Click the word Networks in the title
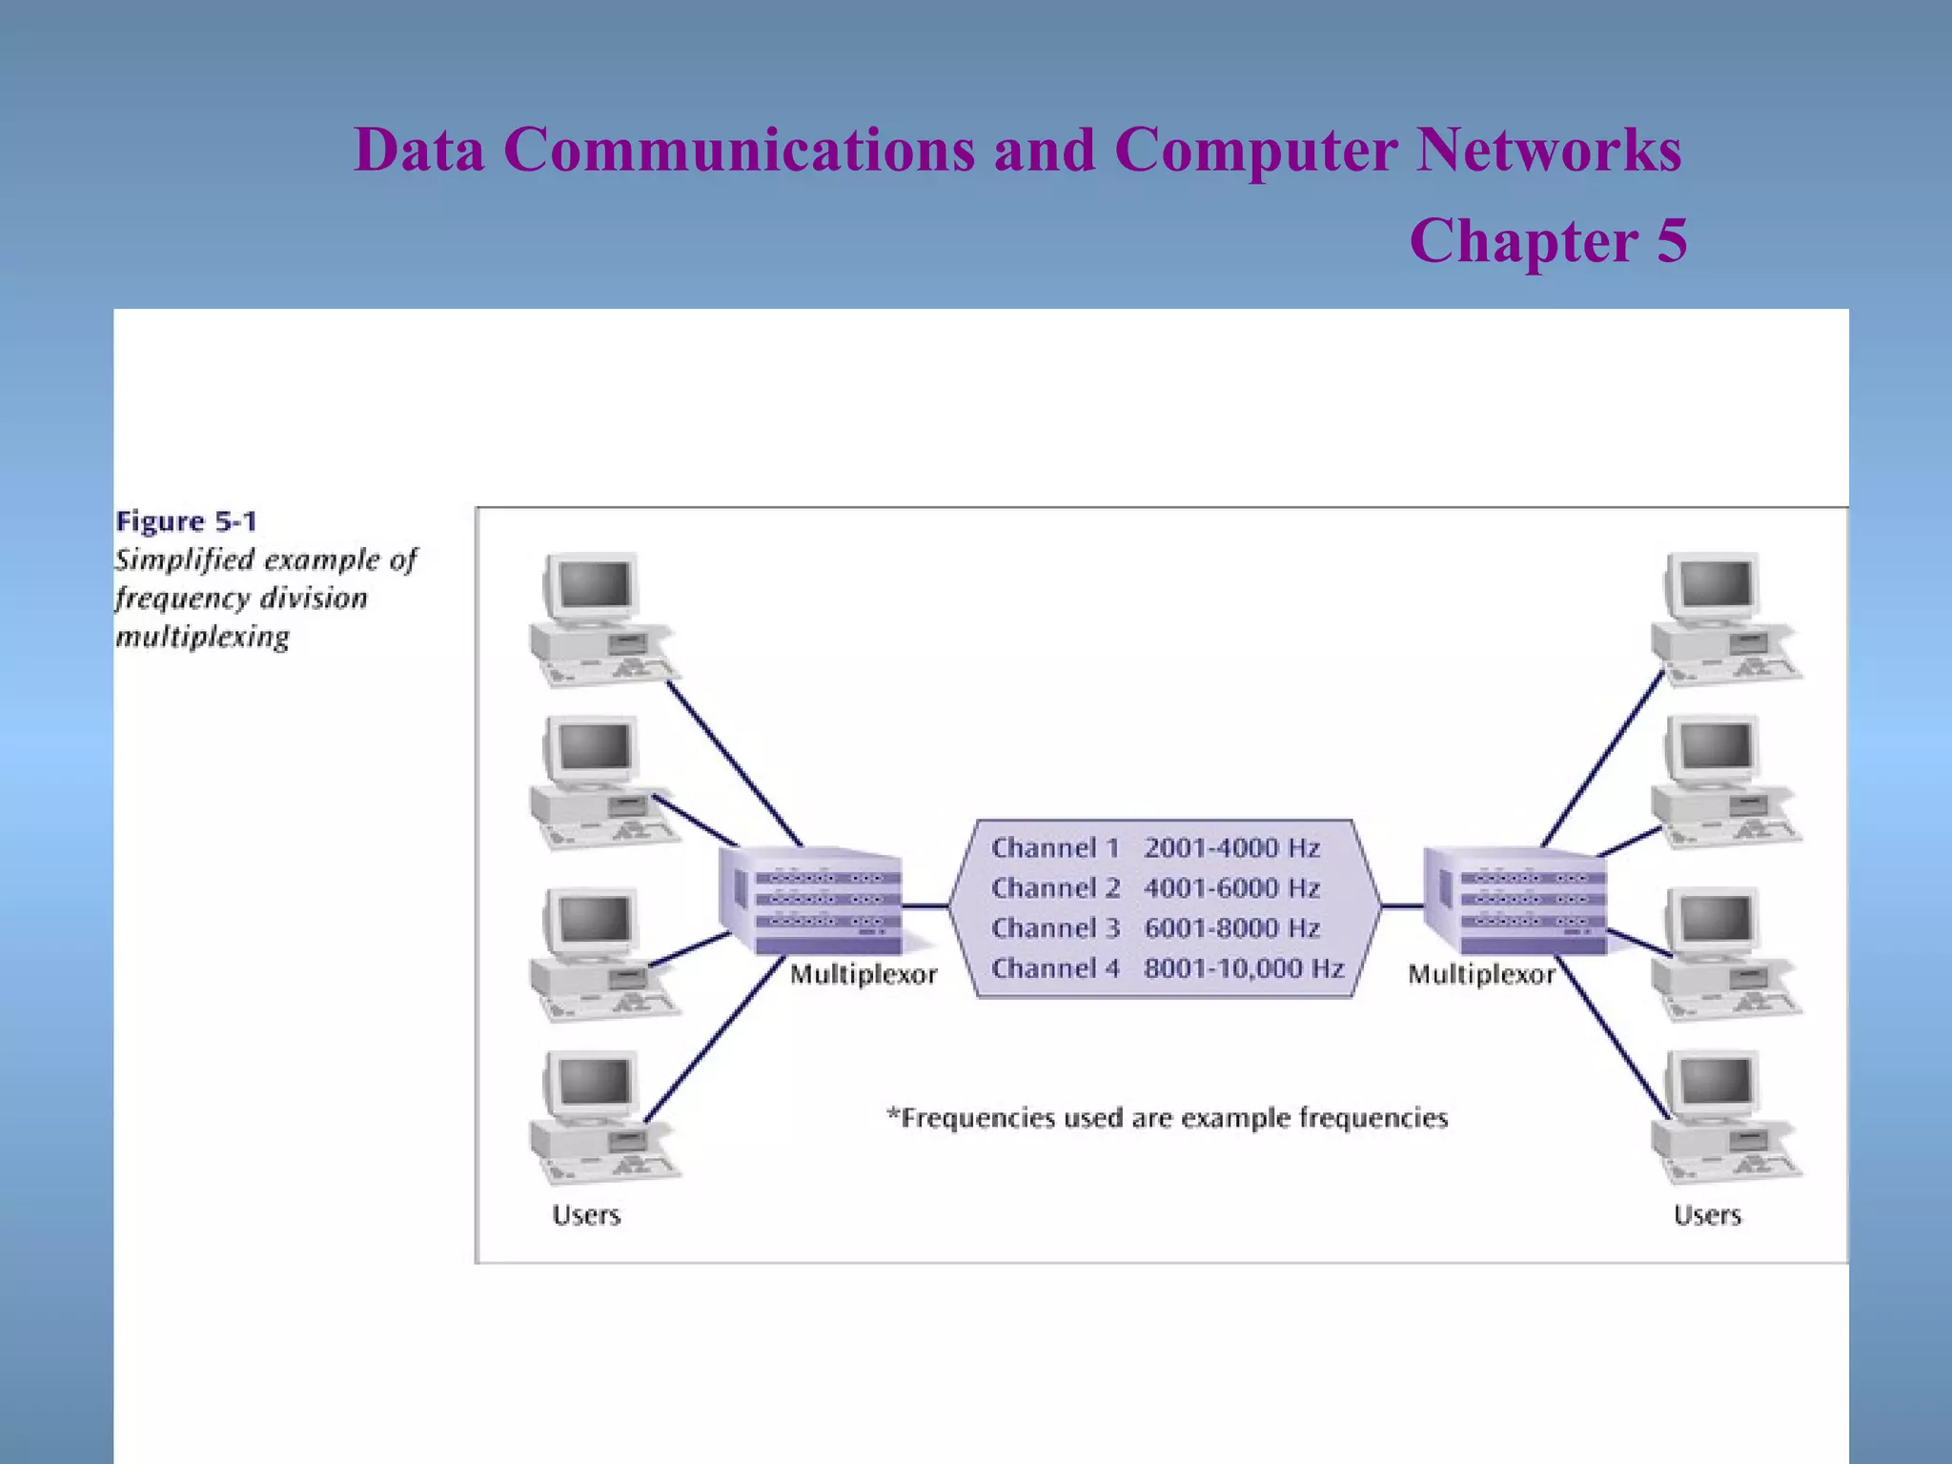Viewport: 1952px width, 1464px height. click(x=1548, y=151)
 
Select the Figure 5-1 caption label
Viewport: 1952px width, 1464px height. click(x=186, y=521)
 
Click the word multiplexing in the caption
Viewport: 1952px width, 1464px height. click(x=202, y=637)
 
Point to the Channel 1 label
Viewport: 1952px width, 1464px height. click(x=1055, y=847)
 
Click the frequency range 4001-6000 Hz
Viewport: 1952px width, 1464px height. click(x=1231, y=887)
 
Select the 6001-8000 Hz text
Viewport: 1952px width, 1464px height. click(x=1231, y=927)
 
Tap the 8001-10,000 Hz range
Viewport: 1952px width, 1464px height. click(x=1243, y=967)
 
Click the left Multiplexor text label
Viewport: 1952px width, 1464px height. click(x=864, y=974)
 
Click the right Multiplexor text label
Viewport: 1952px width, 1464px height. click(x=1481, y=974)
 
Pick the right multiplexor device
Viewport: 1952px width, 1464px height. click(x=1515, y=901)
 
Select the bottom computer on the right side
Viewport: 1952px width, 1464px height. click(x=1721, y=1115)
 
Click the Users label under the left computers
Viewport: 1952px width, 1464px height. click(x=586, y=1215)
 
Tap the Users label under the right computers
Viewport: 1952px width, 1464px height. click(x=1707, y=1215)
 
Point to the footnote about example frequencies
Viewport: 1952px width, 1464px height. click(x=1168, y=1117)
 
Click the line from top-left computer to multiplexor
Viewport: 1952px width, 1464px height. click(x=734, y=762)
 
